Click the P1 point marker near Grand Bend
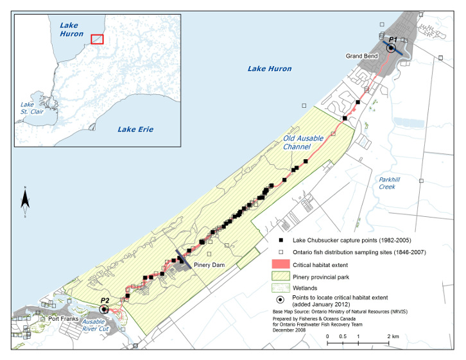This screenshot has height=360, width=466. (x=391, y=47)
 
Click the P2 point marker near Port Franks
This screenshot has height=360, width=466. (x=105, y=309)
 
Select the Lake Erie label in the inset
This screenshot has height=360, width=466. (x=135, y=129)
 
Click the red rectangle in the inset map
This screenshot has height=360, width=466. (x=97, y=39)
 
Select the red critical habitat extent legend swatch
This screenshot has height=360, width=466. (x=282, y=264)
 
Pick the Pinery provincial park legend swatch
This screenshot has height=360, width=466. (x=282, y=277)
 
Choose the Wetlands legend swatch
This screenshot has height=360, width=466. (x=282, y=289)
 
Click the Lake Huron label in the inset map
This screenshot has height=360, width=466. (x=69, y=30)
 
